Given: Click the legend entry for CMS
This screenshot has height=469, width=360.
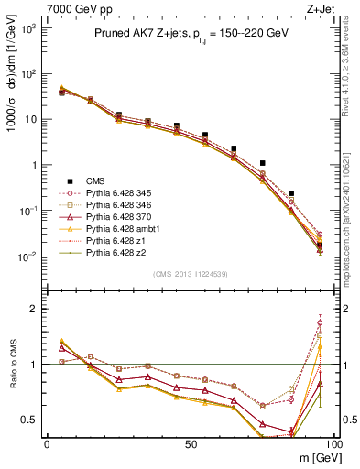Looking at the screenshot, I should (x=96, y=181).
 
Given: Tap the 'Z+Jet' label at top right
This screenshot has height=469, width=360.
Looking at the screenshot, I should (x=329, y=8).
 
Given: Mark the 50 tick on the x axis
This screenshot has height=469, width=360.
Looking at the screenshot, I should (x=190, y=442).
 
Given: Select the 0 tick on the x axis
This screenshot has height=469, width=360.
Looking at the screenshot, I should (x=47, y=442).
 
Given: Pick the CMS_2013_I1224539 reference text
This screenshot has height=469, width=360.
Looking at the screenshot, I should (x=190, y=273).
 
